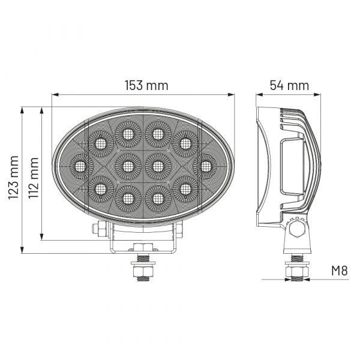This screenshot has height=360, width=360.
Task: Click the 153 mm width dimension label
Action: pyautogui.click(x=146, y=85)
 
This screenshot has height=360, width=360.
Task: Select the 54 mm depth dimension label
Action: pyautogui.click(x=289, y=85)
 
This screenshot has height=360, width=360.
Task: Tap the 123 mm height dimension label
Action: pyautogui.click(x=14, y=178)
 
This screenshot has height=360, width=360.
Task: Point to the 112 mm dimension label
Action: pyautogui.click(x=33, y=178)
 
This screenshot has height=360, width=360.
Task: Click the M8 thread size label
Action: pyautogui.click(x=340, y=271)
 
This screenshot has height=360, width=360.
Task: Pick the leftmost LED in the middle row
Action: pyautogui.click(x=82, y=166)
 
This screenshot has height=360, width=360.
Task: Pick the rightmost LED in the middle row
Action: pyautogui.click(x=205, y=166)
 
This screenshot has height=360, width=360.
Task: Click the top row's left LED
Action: pyautogui.click(x=128, y=134)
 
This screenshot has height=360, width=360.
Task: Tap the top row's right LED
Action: pyautogui.click(x=158, y=134)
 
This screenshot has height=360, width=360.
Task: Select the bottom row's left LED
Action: pyautogui.click(x=128, y=199)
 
